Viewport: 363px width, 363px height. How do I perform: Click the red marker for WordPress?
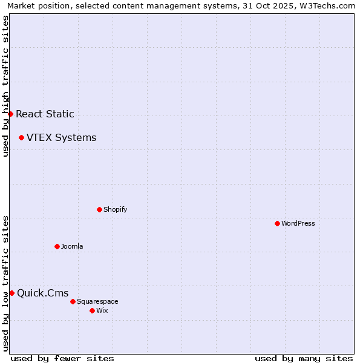pos(277,223)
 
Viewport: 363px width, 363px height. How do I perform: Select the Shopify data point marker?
pos(99,209)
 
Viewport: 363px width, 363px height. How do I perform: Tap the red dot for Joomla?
pos(57,246)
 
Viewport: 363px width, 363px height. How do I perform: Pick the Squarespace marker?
pos(73,301)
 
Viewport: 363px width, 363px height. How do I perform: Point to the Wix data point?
pos(92,310)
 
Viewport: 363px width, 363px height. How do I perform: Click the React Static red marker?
pos(10,114)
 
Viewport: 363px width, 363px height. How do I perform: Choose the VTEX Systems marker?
pos(21,137)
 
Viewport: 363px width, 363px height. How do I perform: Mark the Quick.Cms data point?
pos(11,293)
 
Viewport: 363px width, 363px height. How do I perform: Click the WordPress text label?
pos(298,223)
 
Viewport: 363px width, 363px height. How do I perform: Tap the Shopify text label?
pos(115,209)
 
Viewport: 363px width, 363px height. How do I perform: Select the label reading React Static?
pos(45,114)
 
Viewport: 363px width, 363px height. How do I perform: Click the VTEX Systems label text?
pos(61,137)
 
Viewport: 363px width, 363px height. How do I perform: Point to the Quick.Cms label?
pos(42,293)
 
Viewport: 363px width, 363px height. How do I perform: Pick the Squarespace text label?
pos(97,301)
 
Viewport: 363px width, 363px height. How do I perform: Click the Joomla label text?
pos(72,246)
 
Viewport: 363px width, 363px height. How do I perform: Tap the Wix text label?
pos(102,310)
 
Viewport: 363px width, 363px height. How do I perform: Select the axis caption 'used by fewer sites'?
pos(62,358)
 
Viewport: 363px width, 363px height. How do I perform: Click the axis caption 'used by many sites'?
pos(304,358)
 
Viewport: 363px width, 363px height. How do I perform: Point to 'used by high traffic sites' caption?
pos(5,86)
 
